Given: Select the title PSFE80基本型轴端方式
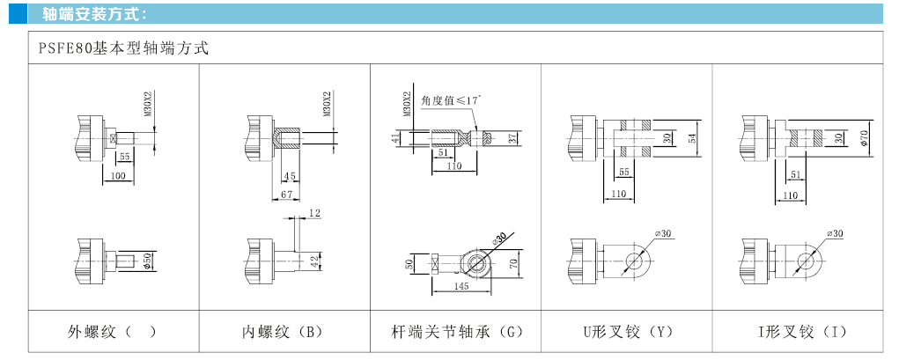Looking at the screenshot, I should (x=124, y=49).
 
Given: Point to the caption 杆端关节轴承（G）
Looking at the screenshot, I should (x=456, y=333).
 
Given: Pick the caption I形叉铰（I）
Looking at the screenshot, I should (x=798, y=333).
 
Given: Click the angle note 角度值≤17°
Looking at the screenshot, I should (x=451, y=101).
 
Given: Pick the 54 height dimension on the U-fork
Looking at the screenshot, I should (x=692, y=137).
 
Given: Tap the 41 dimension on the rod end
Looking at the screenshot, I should (x=397, y=137).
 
